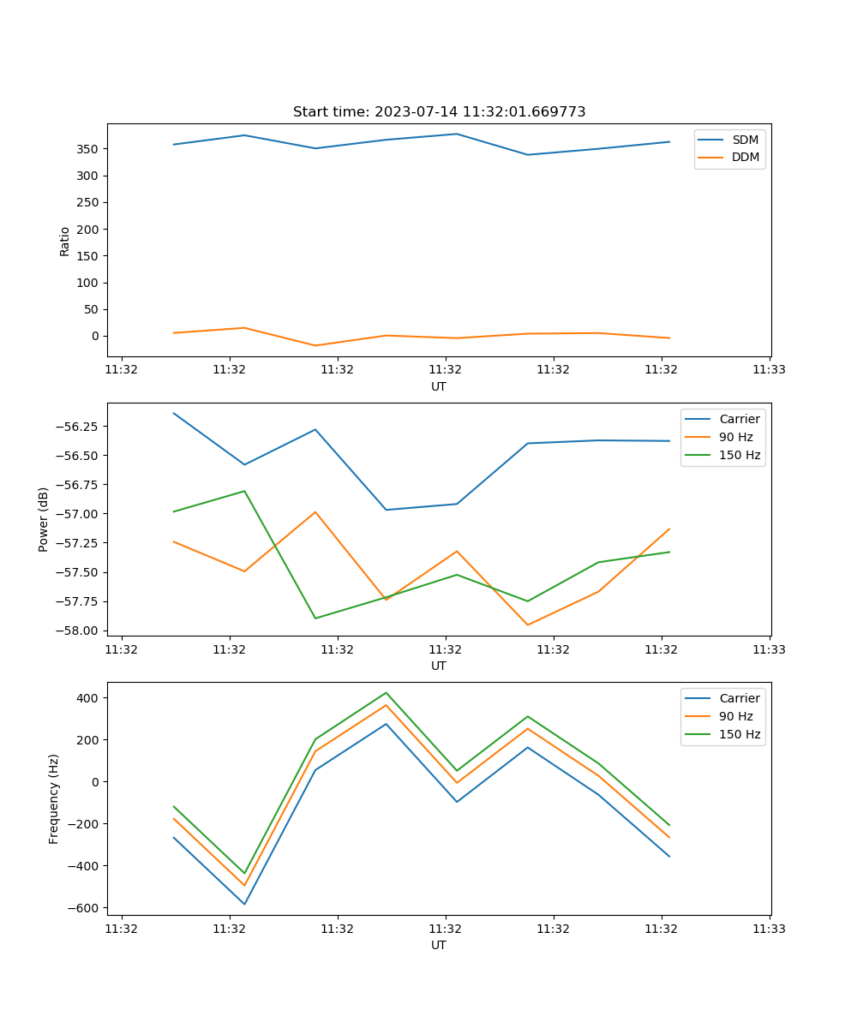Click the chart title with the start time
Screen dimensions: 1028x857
[x=439, y=112]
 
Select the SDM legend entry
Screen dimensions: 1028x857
[x=745, y=140]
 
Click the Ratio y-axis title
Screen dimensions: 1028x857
[x=65, y=241]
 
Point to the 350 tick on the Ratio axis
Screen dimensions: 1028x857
[x=88, y=149]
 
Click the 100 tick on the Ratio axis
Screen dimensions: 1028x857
[x=88, y=283]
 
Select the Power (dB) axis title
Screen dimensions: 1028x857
[x=44, y=519]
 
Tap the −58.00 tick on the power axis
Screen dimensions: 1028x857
[x=80, y=631]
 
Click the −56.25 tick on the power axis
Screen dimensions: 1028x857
[x=80, y=427]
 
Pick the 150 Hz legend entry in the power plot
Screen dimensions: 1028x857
[x=740, y=455]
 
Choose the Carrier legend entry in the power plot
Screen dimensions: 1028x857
[x=739, y=419]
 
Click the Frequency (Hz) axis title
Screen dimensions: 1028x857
[x=54, y=798]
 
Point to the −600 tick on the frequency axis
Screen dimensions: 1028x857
[x=86, y=908]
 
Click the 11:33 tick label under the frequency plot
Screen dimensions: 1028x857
[x=770, y=928]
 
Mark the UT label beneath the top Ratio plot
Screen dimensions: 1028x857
[x=439, y=386]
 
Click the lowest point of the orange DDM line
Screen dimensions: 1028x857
[x=315, y=345]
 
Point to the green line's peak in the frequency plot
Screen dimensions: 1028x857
[x=386, y=692]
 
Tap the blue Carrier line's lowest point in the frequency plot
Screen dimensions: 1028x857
[x=244, y=904]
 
